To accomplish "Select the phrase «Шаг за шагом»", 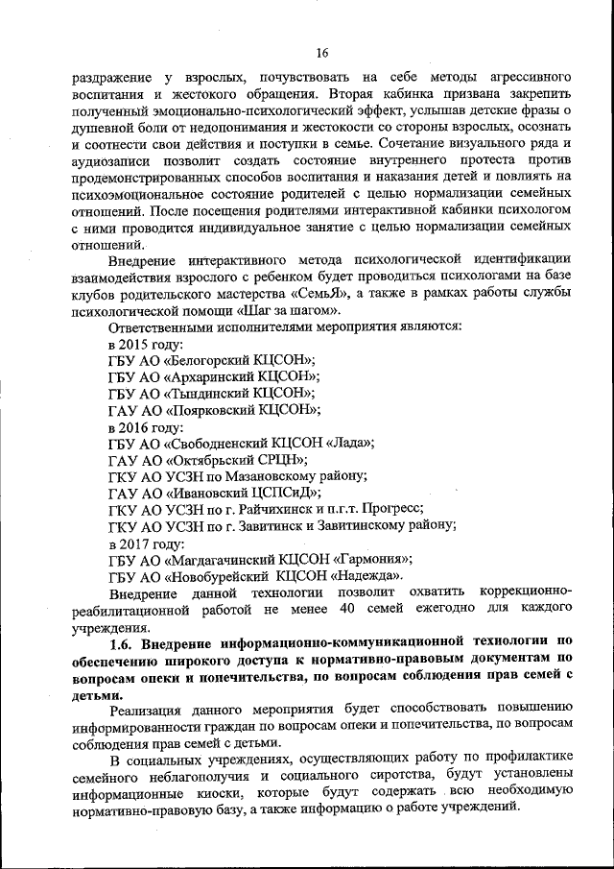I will (x=289, y=311).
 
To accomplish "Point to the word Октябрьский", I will (x=217, y=459).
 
